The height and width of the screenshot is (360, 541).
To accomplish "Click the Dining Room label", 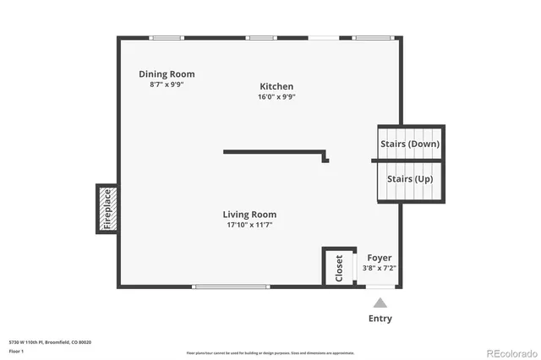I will click(167, 74).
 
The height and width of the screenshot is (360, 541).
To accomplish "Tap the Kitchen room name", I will click(276, 86).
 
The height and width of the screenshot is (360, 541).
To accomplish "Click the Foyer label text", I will click(379, 258).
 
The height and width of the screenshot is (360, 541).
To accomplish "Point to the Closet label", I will click(339, 267).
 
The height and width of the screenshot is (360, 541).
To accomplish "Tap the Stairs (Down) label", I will click(410, 144).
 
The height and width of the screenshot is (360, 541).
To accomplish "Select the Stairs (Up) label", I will click(410, 179).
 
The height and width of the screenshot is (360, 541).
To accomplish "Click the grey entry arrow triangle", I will click(380, 303).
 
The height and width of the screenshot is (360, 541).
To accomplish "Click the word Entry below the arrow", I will click(380, 319).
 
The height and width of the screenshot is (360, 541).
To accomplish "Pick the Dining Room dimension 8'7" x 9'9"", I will click(167, 85).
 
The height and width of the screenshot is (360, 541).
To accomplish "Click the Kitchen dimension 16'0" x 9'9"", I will click(276, 96).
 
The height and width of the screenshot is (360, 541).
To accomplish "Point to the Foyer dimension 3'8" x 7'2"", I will click(379, 268).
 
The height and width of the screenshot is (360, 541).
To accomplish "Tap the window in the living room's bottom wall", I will click(232, 287).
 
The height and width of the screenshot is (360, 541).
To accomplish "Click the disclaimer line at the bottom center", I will click(270, 352).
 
